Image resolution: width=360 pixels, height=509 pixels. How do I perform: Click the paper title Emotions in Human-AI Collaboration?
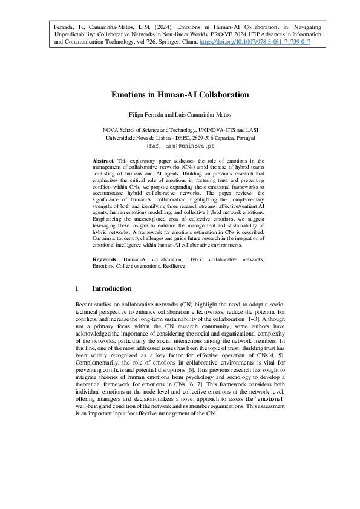180,95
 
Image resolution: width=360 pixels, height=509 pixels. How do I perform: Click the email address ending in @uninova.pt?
180,146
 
